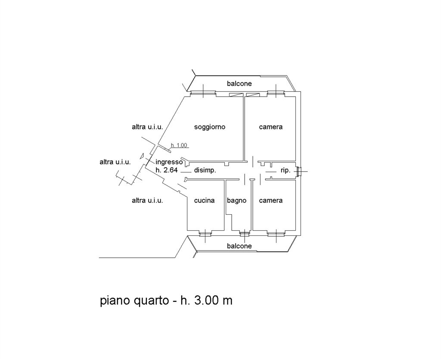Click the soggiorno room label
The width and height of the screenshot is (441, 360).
[x=210, y=127]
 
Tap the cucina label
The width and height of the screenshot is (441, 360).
[x=204, y=200]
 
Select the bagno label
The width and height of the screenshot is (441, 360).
[x=236, y=200]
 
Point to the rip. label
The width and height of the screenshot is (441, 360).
[x=286, y=171]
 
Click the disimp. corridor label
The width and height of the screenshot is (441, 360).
[x=205, y=171]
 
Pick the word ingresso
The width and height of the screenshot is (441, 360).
[x=169, y=163]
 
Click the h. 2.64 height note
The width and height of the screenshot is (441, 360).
[x=167, y=170]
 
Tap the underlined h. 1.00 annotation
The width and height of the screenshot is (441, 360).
[x=179, y=145]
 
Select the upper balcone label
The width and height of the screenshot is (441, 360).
[x=239, y=84]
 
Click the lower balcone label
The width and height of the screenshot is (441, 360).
[x=239, y=246]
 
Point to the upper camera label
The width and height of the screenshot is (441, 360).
[x=270, y=127]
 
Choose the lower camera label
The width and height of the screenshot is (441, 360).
[x=270, y=200]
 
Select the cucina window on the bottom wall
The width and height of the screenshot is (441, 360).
[x=205, y=233]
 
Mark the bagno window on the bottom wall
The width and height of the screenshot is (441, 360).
[x=244, y=233]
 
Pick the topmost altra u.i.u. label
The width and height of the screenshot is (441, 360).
[x=147, y=127]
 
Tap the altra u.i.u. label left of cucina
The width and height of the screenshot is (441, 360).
[x=147, y=200]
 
